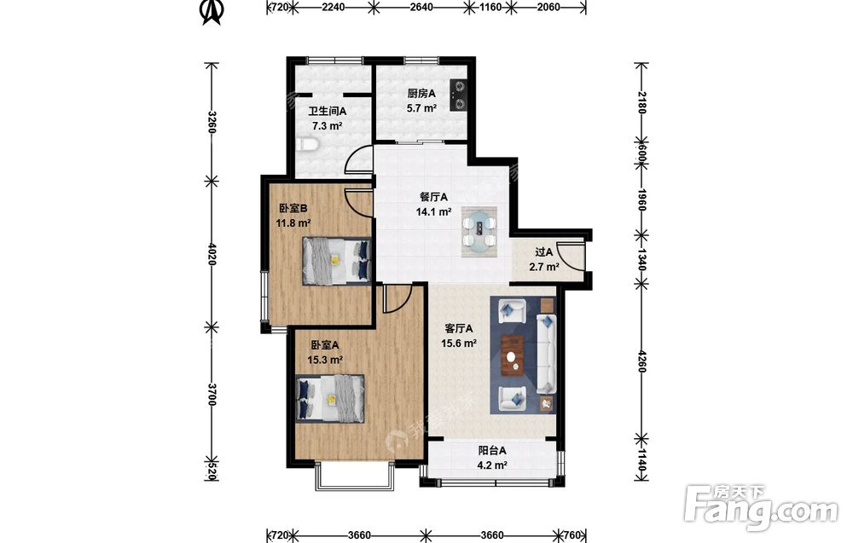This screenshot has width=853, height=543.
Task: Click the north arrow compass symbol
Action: pos(211,12)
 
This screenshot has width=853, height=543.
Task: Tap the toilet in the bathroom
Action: pos(307,145)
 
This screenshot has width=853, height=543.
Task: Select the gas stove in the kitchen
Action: pos(459,95)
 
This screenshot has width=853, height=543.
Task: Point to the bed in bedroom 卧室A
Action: pos(329,398)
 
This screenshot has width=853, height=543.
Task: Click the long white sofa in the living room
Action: pos(546,353)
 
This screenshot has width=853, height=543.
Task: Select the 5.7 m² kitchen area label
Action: pos(421,108)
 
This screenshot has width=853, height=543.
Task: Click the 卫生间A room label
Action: pos(327,112)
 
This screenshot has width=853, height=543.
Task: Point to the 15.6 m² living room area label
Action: pos(459,344)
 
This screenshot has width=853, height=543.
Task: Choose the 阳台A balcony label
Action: pos(492,451)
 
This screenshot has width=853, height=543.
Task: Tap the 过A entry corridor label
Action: pos(543,252)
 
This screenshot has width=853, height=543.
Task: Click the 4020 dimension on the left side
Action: pos(212,254)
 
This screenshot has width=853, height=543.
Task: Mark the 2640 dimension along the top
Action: pos(421,7)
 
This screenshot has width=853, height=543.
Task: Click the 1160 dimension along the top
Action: pos(491,7)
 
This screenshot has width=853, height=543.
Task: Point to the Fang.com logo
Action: pos(761,506)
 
